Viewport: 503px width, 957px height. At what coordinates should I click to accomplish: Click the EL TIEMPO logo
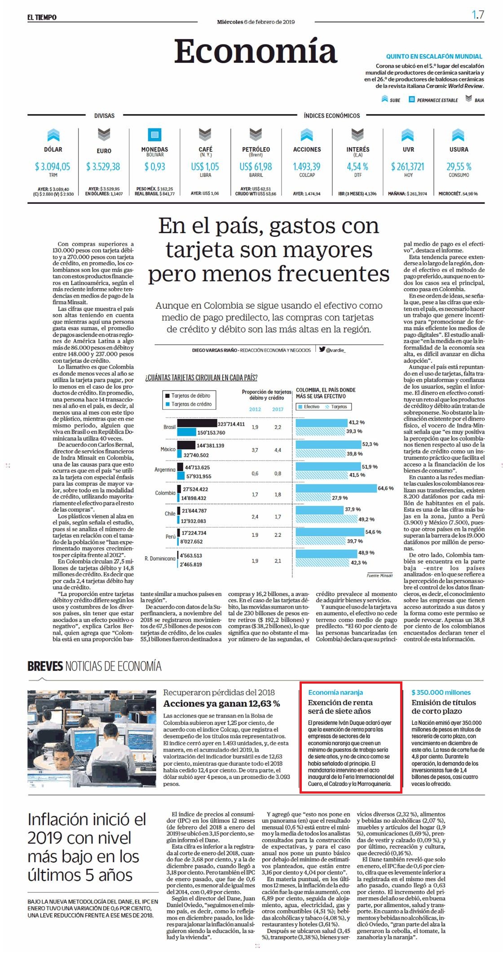[42, 18]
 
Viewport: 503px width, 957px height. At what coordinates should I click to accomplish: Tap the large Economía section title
[256, 51]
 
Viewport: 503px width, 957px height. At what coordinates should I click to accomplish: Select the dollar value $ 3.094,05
[53, 167]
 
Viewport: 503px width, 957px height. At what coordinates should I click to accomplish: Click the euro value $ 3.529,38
[103, 167]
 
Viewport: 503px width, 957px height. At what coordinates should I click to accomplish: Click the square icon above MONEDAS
[154, 134]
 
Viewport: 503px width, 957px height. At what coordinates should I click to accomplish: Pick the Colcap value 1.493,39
[307, 167]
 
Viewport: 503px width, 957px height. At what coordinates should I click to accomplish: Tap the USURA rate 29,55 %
[459, 167]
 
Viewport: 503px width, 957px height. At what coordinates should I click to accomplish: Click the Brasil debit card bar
[197, 424]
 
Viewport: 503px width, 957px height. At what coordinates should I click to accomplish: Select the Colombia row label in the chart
[165, 493]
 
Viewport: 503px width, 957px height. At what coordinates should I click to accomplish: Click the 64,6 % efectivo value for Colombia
[386, 488]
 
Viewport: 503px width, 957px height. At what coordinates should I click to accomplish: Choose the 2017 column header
[278, 409]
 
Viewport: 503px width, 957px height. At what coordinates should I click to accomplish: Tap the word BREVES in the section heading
[45, 666]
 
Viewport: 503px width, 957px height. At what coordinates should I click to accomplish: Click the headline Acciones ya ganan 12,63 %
[221, 703]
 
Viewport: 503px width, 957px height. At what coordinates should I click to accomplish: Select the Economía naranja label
[335, 693]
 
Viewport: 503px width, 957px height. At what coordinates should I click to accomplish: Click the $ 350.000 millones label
[441, 693]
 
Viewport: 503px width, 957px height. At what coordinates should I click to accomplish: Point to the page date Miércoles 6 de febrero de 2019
[256, 22]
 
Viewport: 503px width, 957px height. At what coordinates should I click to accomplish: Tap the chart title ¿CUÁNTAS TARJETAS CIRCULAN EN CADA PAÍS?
[201, 378]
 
